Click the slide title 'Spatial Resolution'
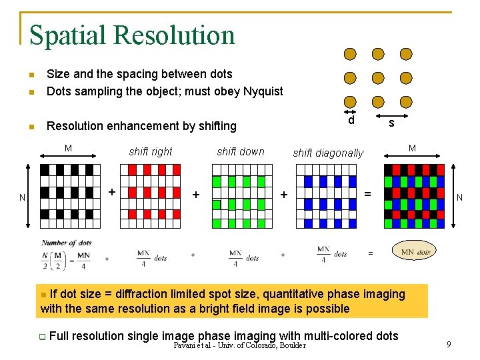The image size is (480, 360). coord(132,35)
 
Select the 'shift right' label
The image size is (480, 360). coord(151,151)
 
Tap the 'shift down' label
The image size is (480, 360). coord(241,151)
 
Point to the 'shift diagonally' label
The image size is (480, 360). coord(329,153)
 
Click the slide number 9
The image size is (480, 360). coord(449,344)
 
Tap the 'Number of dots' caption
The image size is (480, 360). coord(67,243)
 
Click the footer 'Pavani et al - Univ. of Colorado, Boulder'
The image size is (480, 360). coord(239,345)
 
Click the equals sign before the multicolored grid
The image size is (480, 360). coord(367,194)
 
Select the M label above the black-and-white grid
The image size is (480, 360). coord(68,148)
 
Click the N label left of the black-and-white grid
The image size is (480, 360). coord(22,197)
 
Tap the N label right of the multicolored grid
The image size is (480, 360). coord(459,197)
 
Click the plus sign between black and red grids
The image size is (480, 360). coord(112,192)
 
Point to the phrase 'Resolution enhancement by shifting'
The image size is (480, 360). coord(141,126)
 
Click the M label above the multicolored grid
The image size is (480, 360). coord(412,148)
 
